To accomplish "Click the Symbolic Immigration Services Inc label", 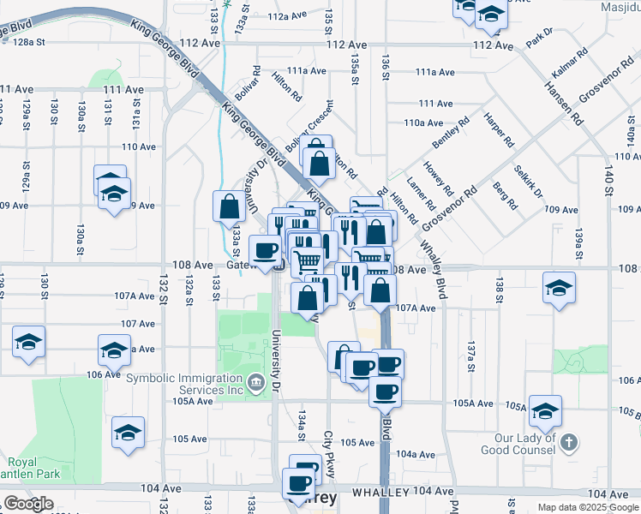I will (x=184, y=385).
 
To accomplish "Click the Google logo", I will (x=28, y=504).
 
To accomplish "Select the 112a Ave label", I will (x=286, y=16).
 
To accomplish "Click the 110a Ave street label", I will (x=423, y=123).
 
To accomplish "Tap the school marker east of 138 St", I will (x=559, y=289).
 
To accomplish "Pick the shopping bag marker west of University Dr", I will (x=229, y=206).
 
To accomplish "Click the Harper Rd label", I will (x=496, y=129).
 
